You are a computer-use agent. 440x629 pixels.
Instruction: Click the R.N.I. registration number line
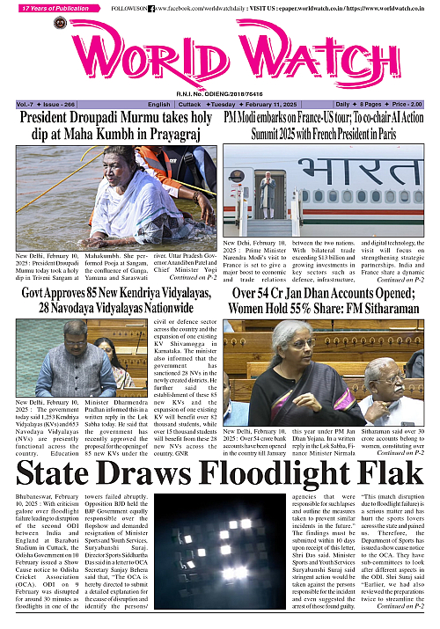pyautogui.click(x=220, y=92)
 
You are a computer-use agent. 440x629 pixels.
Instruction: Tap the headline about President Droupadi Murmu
pyautogui.click(x=111, y=125)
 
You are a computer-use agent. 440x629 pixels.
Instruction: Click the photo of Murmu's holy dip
pyautogui.click(x=111, y=194)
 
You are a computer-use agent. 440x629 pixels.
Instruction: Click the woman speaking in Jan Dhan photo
pyautogui.click(x=304, y=369)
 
